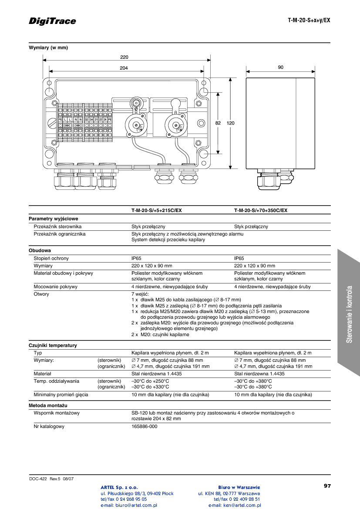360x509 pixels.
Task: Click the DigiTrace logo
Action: pyautogui.click(x=52, y=21)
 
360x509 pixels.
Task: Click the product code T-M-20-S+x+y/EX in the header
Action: pyautogui.click(x=309, y=20)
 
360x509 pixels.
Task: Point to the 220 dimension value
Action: pyautogui.click(x=124, y=57)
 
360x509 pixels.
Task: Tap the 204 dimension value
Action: pyautogui.click(x=124, y=68)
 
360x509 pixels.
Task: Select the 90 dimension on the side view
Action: pyautogui.click(x=280, y=67)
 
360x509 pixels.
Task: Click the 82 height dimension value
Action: pyautogui.click(x=218, y=123)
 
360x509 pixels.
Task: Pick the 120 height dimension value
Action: pyautogui.click(x=230, y=123)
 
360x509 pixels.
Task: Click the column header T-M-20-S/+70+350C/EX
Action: pyautogui.click(x=260, y=210)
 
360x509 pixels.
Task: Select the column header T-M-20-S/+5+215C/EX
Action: pyautogui.click(x=156, y=210)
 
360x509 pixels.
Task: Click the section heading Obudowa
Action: pyautogui.click(x=40, y=250)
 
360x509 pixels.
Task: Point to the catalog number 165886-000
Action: pyautogui.click(x=144, y=426)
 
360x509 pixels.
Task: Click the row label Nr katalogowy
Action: pyautogui.click(x=49, y=426)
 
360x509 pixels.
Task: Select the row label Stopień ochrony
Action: pyautogui.click(x=51, y=258)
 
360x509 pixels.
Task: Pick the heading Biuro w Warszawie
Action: pyautogui.click(x=239, y=487)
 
